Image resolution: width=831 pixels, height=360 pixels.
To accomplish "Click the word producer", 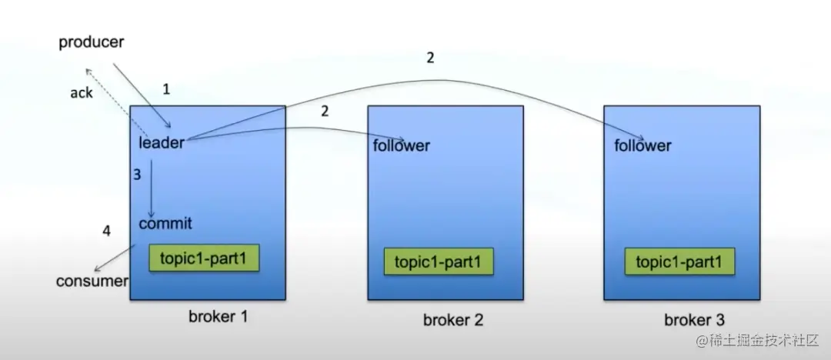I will tap(91, 42).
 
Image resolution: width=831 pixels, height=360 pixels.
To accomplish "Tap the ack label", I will tap(81, 92).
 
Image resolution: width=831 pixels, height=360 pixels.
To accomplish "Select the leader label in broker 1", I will tap(162, 142).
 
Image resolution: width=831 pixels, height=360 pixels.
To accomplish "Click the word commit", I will tap(165, 224).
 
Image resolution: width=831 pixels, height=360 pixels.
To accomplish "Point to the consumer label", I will tap(92, 281).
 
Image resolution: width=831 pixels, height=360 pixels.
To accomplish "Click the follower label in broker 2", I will tap(402, 145).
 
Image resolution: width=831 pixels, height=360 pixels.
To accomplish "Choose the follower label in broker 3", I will tap(642, 145).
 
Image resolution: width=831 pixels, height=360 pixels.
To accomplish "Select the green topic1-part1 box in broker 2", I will tap(438, 262).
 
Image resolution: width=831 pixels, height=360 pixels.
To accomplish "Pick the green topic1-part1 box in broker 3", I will tap(679, 262).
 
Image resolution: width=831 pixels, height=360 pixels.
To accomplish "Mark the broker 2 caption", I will tap(452, 320).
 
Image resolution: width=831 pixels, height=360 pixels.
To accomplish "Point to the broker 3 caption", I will tap(694, 320).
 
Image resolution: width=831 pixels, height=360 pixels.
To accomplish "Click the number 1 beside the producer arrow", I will tap(166, 89).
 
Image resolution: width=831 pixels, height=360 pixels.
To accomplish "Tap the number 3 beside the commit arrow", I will tap(137, 175).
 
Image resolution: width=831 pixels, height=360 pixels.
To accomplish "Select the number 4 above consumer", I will tap(107, 230).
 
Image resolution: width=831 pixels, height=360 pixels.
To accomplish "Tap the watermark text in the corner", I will tap(761, 340).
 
